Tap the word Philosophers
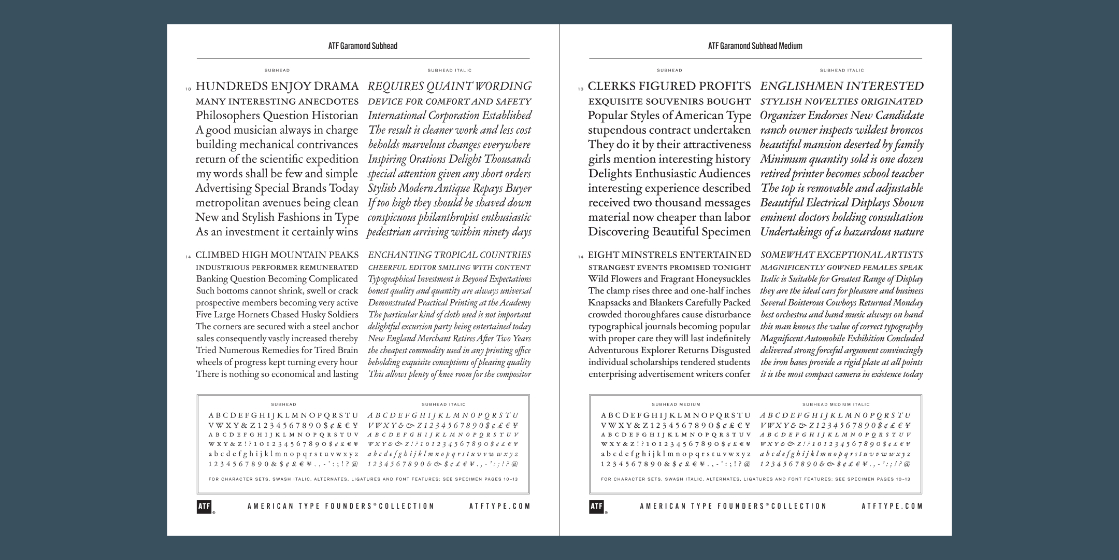pos(227,116)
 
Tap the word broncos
pos(905,130)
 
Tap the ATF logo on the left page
pos(204,507)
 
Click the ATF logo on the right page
pos(596,507)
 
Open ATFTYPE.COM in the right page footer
pos(892,507)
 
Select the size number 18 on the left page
pos(188,89)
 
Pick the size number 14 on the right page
pos(581,257)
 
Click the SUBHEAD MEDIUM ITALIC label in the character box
pos(836,404)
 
